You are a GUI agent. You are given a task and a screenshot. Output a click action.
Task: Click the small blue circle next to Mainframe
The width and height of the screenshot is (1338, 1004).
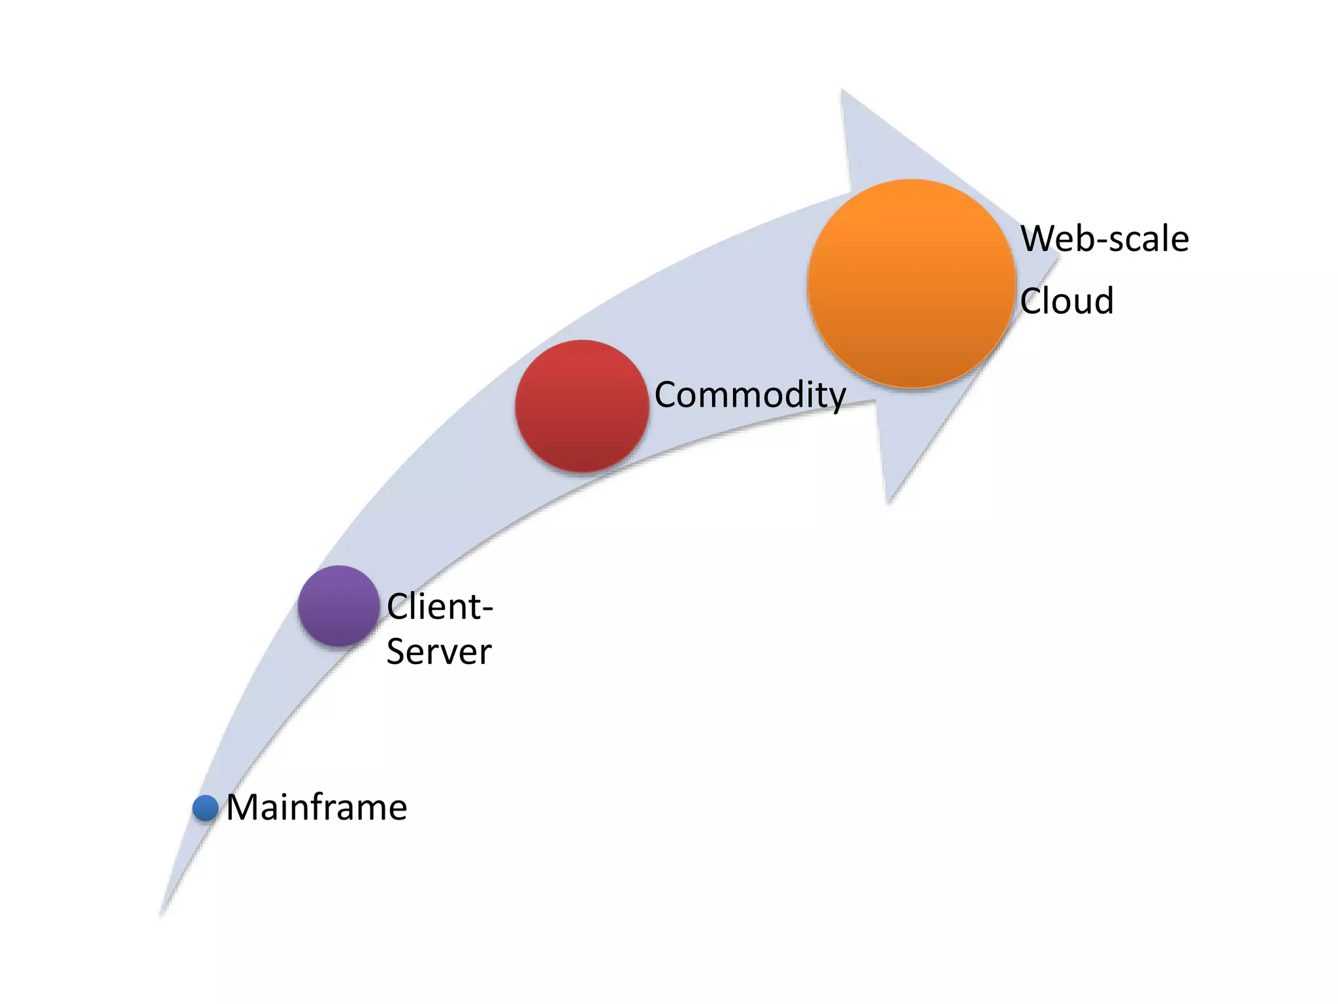pos(205,808)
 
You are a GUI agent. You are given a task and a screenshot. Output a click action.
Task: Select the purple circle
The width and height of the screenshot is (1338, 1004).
pos(338,606)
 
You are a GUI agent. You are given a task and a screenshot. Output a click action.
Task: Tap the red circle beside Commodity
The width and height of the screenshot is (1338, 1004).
pos(581,405)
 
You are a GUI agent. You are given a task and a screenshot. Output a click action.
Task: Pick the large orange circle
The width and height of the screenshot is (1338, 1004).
pos(911,284)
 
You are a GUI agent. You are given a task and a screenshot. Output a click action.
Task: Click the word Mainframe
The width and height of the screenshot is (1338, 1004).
pos(316,808)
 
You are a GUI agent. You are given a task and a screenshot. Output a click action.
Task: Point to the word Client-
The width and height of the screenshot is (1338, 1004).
pos(439,607)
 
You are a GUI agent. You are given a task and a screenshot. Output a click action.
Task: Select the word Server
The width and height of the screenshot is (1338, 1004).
pos(438,652)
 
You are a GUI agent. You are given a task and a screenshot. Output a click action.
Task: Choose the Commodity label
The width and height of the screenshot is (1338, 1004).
pos(749,395)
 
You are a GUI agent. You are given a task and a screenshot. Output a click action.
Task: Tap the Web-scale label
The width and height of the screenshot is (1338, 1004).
pos(1104,239)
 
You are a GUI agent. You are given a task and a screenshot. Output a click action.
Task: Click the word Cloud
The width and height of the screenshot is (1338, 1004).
pos(1066,301)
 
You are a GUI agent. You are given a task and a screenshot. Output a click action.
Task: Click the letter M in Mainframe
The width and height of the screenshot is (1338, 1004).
pos(244,808)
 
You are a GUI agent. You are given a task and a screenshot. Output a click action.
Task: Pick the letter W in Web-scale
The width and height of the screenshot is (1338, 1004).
pos(1043,239)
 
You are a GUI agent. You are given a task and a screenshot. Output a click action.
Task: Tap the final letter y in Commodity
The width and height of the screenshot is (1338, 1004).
pos(836,399)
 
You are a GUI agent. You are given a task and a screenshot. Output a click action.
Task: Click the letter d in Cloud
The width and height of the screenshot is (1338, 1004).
pos(1103,301)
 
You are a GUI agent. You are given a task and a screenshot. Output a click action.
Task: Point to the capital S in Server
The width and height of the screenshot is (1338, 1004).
pos(397,652)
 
